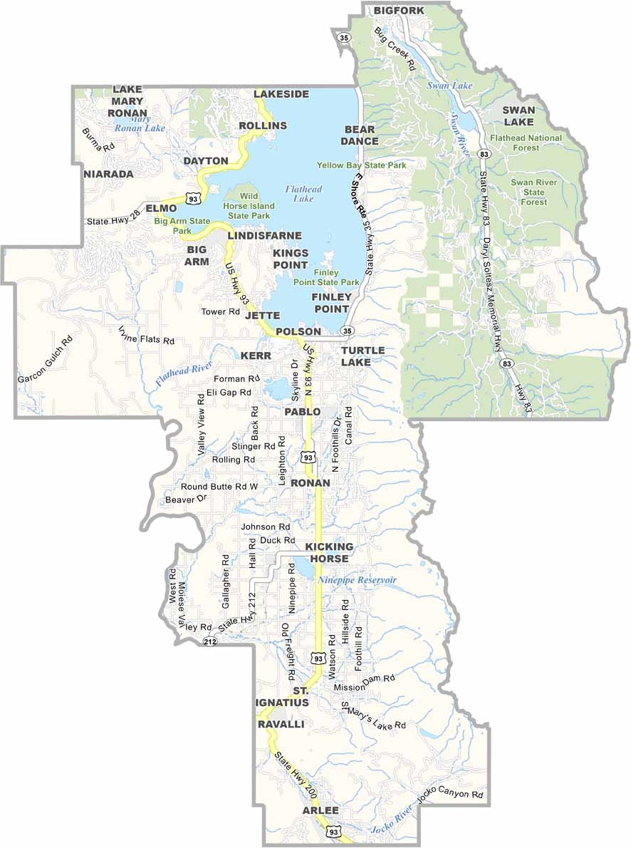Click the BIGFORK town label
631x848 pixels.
(398, 10)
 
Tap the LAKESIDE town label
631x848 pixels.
(281, 94)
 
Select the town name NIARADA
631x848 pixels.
(108, 174)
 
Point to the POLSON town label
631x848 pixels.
(298, 331)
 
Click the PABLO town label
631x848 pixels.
(303, 412)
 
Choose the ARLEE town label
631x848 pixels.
(320, 811)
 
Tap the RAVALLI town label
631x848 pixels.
(281, 723)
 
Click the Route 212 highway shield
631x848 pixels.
(209, 642)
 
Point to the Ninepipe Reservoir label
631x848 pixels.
(357, 580)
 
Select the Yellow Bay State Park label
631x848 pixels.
(362, 165)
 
